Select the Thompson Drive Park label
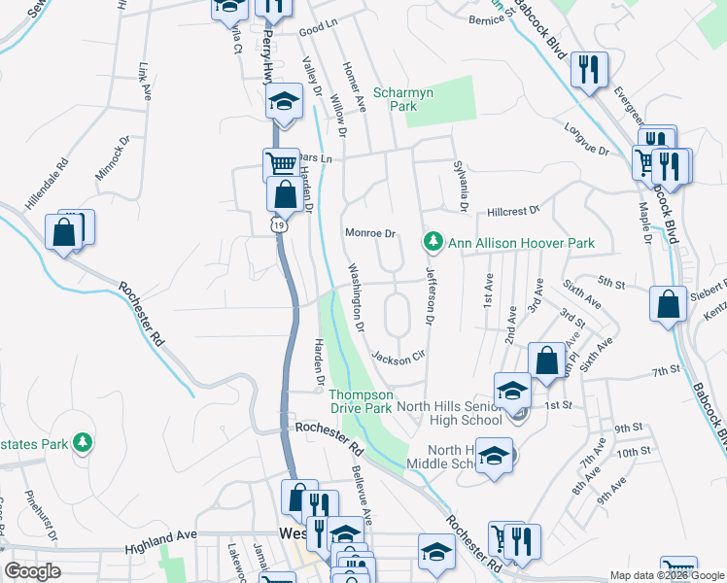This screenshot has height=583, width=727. tap(361, 402)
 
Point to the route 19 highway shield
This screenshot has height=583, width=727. tap(279, 224)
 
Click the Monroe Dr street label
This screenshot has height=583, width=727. tap(371, 233)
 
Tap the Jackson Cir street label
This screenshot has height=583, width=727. tap(398, 356)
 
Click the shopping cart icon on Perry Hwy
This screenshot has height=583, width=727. tap(280, 163)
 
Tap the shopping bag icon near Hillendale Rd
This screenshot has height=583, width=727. tap(64, 232)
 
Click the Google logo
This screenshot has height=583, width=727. tap(32, 571)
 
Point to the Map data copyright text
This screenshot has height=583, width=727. tap(666, 575)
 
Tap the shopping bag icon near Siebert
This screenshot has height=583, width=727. tap(668, 303)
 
